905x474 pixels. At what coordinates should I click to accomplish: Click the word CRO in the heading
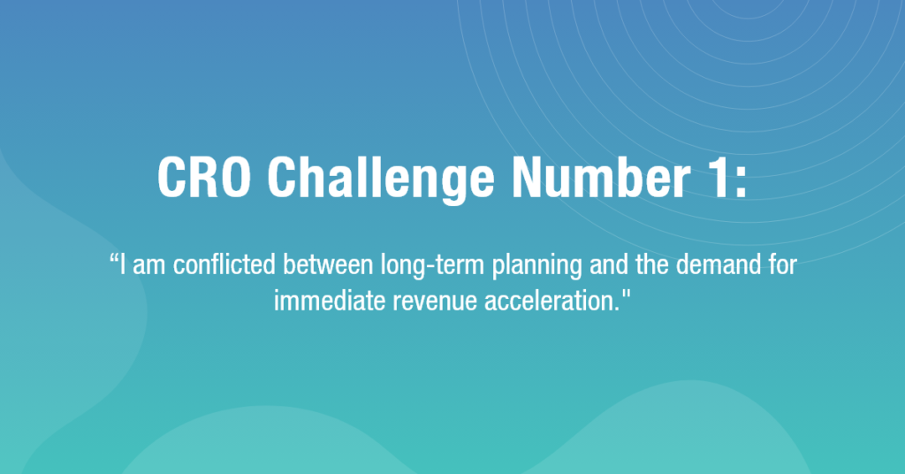coord(204,177)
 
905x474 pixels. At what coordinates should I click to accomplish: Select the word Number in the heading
coord(601,177)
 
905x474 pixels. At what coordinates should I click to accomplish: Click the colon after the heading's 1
coord(741,184)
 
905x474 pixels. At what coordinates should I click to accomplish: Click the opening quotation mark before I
coord(114,257)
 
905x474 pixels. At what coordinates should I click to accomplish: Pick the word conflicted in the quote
coord(224,265)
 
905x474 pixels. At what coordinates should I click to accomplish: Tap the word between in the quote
coord(328,265)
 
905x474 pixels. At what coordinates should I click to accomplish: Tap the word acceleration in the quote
coord(551,301)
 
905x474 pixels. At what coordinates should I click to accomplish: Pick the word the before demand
coord(653,265)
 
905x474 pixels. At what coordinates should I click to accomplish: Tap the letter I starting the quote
coord(123,265)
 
